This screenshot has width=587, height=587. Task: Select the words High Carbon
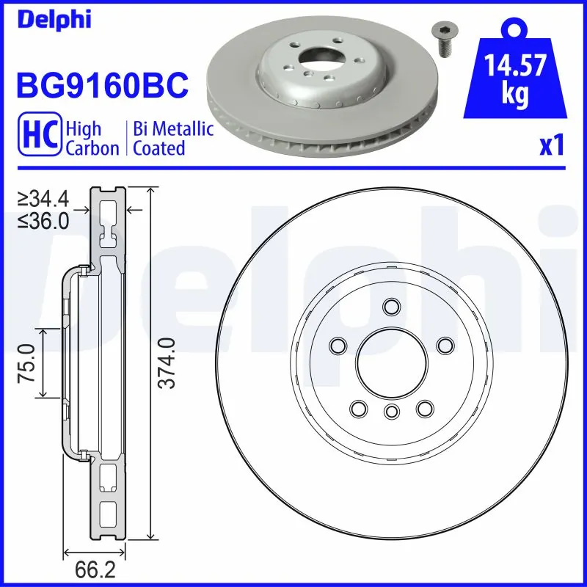[x=92, y=139]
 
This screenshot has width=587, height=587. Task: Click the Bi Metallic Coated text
[x=173, y=139]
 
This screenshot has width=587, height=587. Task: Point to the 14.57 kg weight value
[x=515, y=80]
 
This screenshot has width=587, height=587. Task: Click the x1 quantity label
[x=551, y=146]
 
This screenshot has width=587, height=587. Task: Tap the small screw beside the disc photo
[x=443, y=37]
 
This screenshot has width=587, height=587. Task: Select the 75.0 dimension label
[x=27, y=362]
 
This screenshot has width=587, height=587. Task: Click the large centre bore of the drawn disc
[x=391, y=360]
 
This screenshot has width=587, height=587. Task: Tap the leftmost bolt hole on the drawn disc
[x=338, y=344]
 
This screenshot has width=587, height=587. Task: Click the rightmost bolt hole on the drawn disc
[x=444, y=344]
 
